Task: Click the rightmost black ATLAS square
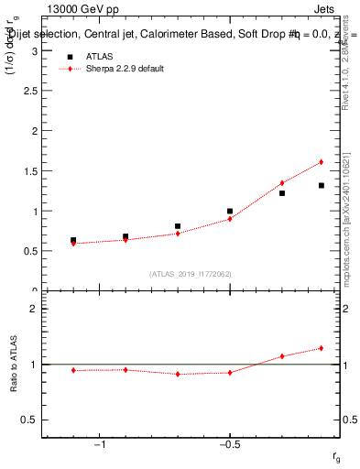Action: (322, 185)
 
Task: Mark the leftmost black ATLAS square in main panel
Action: (73, 240)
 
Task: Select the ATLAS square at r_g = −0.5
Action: (230, 211)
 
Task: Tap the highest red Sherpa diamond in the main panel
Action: (322, 162)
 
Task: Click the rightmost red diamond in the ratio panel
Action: (322, 348)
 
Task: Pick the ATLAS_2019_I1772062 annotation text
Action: (191, 274)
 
